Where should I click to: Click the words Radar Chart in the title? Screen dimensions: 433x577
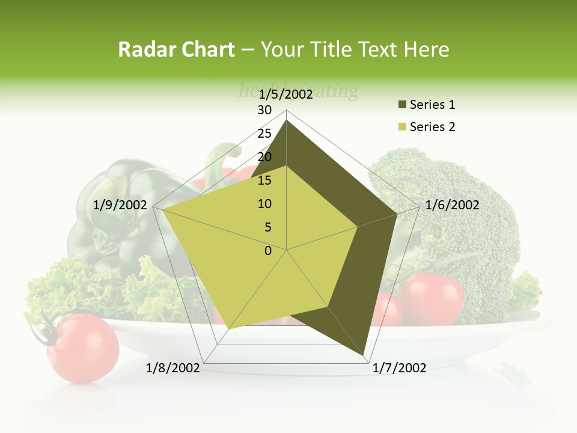click(x=176, y=50)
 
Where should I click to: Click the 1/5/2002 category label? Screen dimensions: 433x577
click(x=286, y=94)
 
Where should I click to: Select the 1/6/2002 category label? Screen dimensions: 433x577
click(x=452, y=205)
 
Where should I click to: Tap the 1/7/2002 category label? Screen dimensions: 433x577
click(x=399, y=368)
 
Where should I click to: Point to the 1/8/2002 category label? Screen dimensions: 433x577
click(x=173, y=368)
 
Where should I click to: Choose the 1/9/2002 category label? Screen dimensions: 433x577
click(x=120, y=205)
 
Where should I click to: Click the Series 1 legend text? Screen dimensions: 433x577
click(x=432, y=105)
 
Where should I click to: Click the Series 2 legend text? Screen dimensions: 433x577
click(x=432, y=127)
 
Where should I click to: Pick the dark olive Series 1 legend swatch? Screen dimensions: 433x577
click(x=403, y=105)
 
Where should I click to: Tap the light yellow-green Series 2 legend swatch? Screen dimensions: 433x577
click(x=403, y=127)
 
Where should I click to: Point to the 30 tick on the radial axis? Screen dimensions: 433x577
click(x=264, y=110)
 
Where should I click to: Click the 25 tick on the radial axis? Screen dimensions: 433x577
click(x=264, y=134)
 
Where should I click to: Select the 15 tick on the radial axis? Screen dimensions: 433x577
click(x=264, y=180)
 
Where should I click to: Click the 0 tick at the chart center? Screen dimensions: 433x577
click(x=268, y=251)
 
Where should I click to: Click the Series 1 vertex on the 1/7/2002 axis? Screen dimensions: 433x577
click(x=364, y=354)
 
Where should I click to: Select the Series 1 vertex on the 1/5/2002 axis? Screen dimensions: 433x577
click(x=286, y=120)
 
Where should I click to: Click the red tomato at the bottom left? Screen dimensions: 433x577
click(x=83, y=348)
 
